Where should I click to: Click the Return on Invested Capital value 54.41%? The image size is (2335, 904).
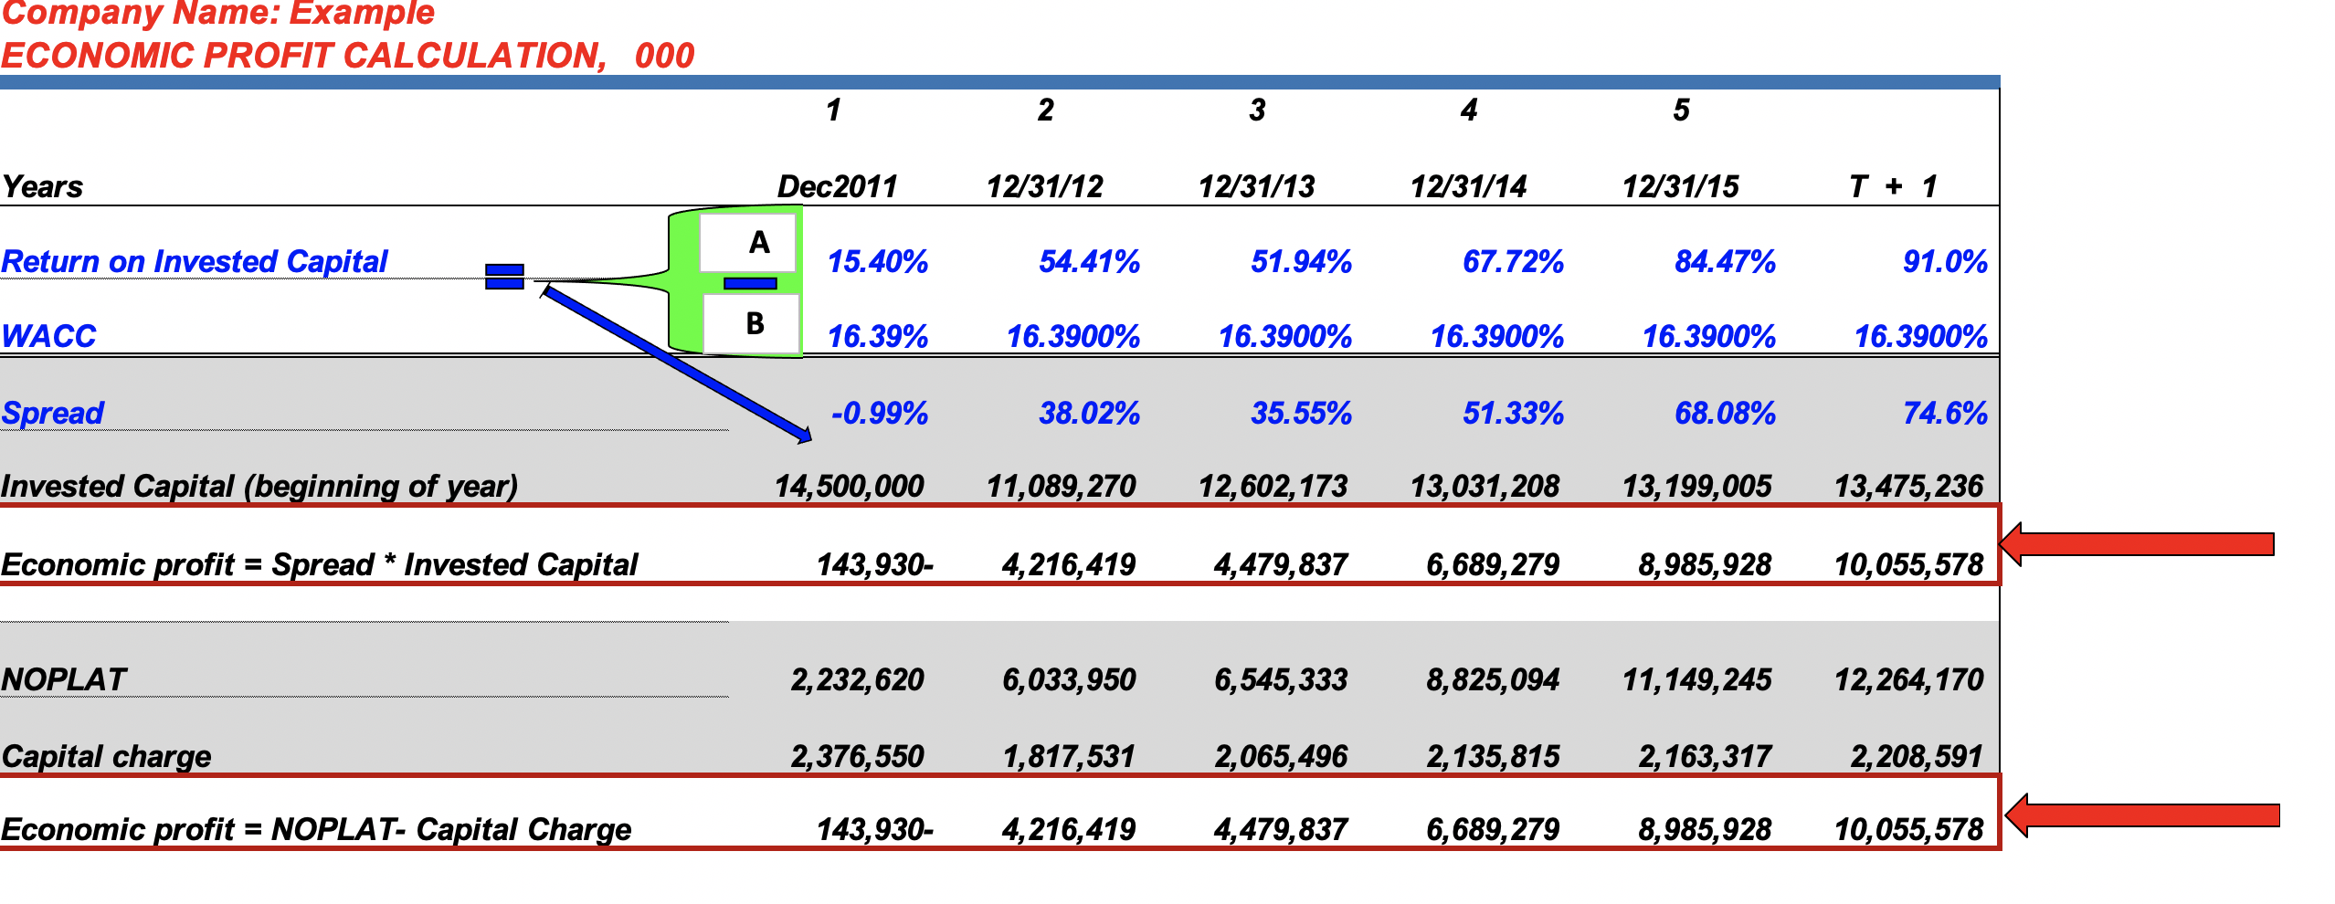[x=1089, y=262]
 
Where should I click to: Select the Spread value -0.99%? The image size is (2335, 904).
[x=879, y=414]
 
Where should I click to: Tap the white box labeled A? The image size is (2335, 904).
[x=748, y=243]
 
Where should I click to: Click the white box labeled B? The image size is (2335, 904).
[x=752, y=324]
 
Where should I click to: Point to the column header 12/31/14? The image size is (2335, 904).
[x=1468, y=187]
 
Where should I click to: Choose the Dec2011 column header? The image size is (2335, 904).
[x=837, y=187]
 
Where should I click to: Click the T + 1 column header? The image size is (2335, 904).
[x=1892, y=187]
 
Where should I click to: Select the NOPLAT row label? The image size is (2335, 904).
[x=64, y=679]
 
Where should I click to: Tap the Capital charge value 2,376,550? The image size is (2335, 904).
[x=857, y=756]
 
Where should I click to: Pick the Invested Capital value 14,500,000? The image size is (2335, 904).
[x=849, y=486]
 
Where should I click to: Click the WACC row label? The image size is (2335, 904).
[x=49, y=336]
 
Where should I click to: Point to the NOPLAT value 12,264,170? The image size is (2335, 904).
[x=1908, y=679]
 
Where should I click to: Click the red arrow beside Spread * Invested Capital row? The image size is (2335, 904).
[x=2138, y=545]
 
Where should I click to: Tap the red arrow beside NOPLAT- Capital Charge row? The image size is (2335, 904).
[x=2142, y=815]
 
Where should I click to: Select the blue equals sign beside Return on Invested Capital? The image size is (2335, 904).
[x=504, y=277]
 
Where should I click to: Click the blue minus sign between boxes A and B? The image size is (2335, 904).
[x=750, y=284]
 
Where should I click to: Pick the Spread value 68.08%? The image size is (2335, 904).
[x=1725, y=414]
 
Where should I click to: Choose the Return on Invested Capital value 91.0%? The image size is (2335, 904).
[x=1945, y=262]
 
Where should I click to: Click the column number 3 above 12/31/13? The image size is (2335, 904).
[x=1257, y=110]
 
